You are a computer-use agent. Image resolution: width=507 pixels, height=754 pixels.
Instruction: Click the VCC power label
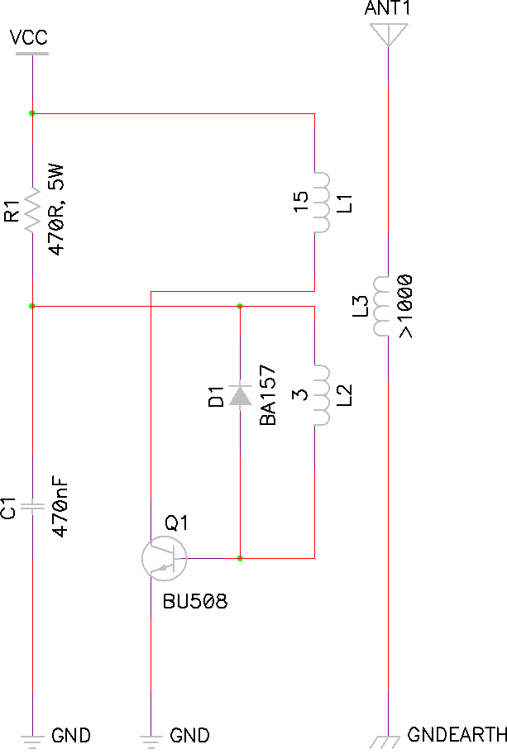(29, 37)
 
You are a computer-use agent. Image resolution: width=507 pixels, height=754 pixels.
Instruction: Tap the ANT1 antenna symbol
(388, 34)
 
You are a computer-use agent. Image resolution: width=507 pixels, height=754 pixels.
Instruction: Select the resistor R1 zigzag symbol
(32, 210)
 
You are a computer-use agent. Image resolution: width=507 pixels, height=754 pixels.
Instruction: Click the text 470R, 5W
(56, 210)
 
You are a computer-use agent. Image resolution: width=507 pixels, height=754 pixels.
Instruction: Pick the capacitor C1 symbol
(32, 506)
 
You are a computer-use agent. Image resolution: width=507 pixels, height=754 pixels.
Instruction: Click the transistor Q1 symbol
(164, 558)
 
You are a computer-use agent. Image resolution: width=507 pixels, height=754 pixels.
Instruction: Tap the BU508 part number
(195, 601)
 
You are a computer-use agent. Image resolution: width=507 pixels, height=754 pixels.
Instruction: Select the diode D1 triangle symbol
(240, 395)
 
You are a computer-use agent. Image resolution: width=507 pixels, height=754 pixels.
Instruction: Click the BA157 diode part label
(268, 395)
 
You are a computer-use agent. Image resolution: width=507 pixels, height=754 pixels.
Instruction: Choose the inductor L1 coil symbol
(322, 203)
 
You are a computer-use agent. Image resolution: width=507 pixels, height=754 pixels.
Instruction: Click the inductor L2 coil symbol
(322, 395)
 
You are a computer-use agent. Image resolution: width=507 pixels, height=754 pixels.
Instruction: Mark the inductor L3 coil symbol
(380, 306)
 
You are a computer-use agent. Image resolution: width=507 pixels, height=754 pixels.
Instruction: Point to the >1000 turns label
(405, 306)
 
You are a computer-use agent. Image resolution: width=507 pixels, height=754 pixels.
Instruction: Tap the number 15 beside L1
(300, 202)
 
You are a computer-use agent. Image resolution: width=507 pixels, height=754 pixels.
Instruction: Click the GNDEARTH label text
(457, 734)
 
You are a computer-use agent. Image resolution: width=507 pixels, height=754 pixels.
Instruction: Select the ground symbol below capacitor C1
(32, 742)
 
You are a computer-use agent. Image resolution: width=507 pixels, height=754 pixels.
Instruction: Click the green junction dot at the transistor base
(240, 558)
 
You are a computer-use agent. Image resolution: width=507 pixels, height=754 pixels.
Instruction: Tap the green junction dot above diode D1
(240, 306)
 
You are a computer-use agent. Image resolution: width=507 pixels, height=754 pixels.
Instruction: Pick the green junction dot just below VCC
(31, 113)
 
